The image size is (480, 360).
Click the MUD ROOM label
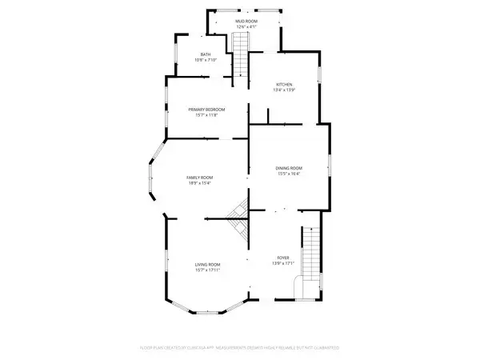246,21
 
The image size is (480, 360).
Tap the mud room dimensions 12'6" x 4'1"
246,26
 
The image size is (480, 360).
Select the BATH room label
206,54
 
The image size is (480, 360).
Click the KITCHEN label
284,84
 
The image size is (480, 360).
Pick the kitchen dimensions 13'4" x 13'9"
284,90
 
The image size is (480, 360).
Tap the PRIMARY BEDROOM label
206,109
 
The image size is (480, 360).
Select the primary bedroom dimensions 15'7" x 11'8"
206,115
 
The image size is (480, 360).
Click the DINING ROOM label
290,167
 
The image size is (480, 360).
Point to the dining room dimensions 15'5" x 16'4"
290,174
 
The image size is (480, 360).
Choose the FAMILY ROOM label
199,177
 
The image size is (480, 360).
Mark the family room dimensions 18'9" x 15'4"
199,183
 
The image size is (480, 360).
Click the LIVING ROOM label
207,264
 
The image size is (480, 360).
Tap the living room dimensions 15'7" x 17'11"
207,270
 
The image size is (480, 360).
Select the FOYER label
285,258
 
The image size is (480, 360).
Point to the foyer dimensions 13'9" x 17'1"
285,264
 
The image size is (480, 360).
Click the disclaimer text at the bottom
238,348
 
